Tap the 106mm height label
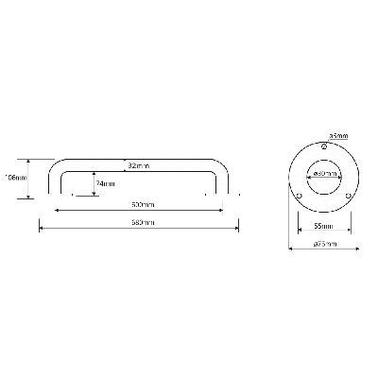pos(15,177)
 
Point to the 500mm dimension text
pos(143,205)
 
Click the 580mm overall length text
pos(143,222)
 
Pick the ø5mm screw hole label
pos(338,134)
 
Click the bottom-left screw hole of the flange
pos(300,197)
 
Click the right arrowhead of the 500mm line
pos(223,210)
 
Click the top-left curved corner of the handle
pos(60,164)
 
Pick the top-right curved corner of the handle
pos(225,164)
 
